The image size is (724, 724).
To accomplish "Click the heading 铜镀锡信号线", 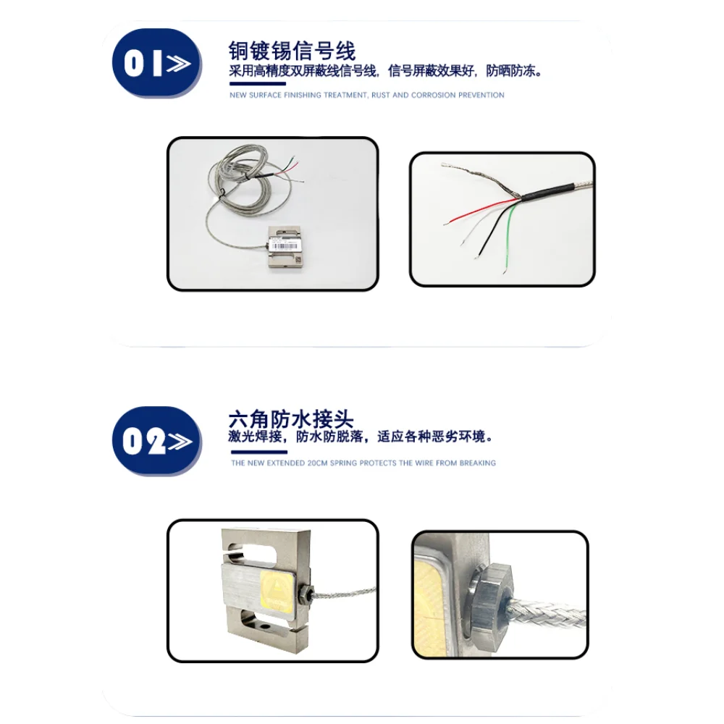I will pyautogui.click(x=292, y=51).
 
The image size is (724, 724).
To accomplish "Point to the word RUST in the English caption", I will pyautogui.click(x=381, y=95).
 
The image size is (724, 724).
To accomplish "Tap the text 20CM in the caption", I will pyautogui.click(x=317, y=463).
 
